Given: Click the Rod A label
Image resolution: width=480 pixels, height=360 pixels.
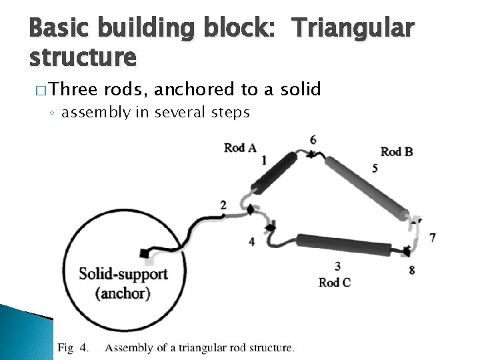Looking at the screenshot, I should (240, 147).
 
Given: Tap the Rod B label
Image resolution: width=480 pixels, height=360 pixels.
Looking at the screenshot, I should (397, 152).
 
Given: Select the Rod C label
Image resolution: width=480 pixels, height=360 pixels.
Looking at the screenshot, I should (335, 282).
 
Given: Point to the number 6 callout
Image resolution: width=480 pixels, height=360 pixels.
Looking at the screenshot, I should (313, 139).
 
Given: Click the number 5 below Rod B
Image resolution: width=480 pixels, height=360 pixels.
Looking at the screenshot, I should (375, 169).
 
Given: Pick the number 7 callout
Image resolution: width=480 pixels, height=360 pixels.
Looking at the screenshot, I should (433, 237).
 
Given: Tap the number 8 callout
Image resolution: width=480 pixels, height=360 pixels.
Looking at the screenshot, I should (411, 269).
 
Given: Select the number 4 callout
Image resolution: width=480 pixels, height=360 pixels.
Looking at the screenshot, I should (251, 241).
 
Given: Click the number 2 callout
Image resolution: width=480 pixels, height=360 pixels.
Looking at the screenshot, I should (223, 205).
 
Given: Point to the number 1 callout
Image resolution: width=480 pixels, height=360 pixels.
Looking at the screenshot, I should (264, 160).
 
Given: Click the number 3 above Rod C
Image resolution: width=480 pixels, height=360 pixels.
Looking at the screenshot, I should (337, 267).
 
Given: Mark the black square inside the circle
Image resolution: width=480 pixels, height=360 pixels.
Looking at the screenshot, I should (144, 253).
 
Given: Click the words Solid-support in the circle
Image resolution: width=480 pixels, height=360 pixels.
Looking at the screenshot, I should (123, 274).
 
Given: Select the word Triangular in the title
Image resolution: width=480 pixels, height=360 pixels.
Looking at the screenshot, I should (353, 29).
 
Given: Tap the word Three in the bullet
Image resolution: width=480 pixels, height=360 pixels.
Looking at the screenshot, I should (73, 89).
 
